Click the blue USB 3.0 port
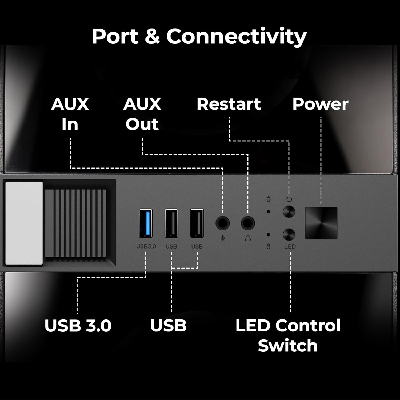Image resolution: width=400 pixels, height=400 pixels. pyautogui.click(x=146, y=223)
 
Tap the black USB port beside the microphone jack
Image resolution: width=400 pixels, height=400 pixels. pyautogui.click(x=197, y=223)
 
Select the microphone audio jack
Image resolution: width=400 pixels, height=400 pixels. pyautogui.click(x=222, y=223)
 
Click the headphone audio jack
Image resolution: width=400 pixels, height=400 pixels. pyautogui.click(x=248, y=223)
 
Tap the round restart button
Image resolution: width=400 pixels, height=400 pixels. pyautogui.click(x=289, y=212)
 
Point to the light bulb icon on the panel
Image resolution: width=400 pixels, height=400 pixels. pyautogui.click(x=269, y=199)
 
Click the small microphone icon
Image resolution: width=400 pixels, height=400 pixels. pyautogui.click(x=223, y=238)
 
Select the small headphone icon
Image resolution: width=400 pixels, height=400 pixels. pyautogui.click(x=248, y=238)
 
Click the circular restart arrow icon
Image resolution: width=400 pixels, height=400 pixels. pyautogui.click(x=289, y=199)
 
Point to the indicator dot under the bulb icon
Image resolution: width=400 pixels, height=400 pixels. pyautogui.click(x=269, y=212)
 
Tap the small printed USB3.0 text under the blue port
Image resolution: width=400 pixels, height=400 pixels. pyautogui.click(x=146, y=246)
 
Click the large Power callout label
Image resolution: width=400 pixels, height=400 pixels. pyautogui.click(x=320, y=104)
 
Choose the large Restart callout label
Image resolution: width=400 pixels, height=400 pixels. pyautogui.click(x=229, y=104)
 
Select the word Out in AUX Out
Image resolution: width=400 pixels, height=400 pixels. pyautogui.click(x=142, y=124)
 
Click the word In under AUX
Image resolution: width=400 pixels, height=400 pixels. pyautogui.click(x=70, y=124)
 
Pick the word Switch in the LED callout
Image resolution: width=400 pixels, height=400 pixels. pyautogui.click(x=288, y=346)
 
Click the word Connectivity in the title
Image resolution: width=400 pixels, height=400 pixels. pyautogui.click(x=237, y=36)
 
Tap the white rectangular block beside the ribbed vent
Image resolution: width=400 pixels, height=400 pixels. pyautogui.click(x=24, y=223)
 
